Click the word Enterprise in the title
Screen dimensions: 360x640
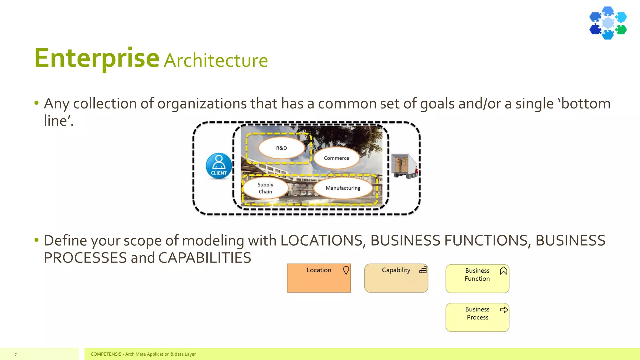[x=97, y=58]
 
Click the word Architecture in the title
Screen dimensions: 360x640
[x=216, y=61]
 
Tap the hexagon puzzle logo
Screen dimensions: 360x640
[x=608, y=23]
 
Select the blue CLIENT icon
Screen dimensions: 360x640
[x=219, y=166]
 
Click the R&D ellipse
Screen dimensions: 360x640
[x=281, y=148]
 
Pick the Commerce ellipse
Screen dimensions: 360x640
[x=337, y=158]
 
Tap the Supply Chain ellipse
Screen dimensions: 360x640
[x=265, y=188]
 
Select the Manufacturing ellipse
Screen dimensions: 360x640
[x=343, y=188]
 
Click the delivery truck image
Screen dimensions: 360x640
[x=404, y=166]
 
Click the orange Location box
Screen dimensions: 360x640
[x=318, y=281]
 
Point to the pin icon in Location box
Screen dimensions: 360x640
[x=346, y=270]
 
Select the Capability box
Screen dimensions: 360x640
[x=396, y=281]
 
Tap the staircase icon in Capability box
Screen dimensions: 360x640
[x=423, y=270]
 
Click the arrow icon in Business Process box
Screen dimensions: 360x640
[x=504, y=310]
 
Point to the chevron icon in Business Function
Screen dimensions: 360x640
[x=503, y=271]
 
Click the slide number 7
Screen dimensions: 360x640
[x=15, y=355]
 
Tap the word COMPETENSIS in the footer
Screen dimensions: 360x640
[x=106, y=354]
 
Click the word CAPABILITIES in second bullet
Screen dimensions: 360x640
[x=205, y=258]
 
